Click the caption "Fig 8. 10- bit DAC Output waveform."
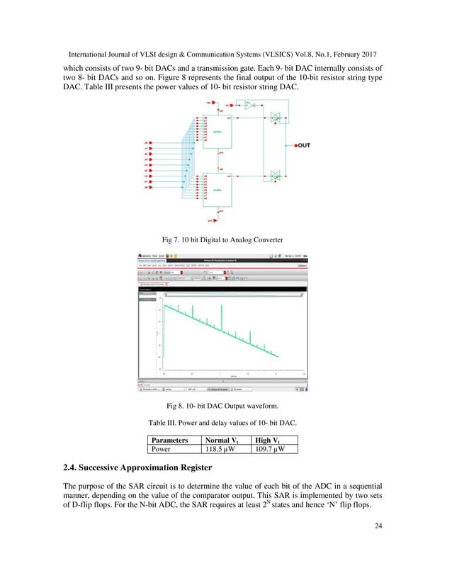point(225,406)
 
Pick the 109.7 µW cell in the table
point(278,448)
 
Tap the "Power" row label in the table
point(162,448)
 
